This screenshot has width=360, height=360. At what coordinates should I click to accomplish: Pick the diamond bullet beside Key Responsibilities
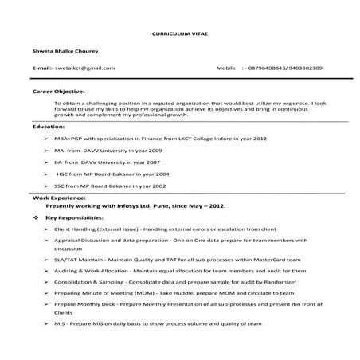[x=35, y=217]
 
